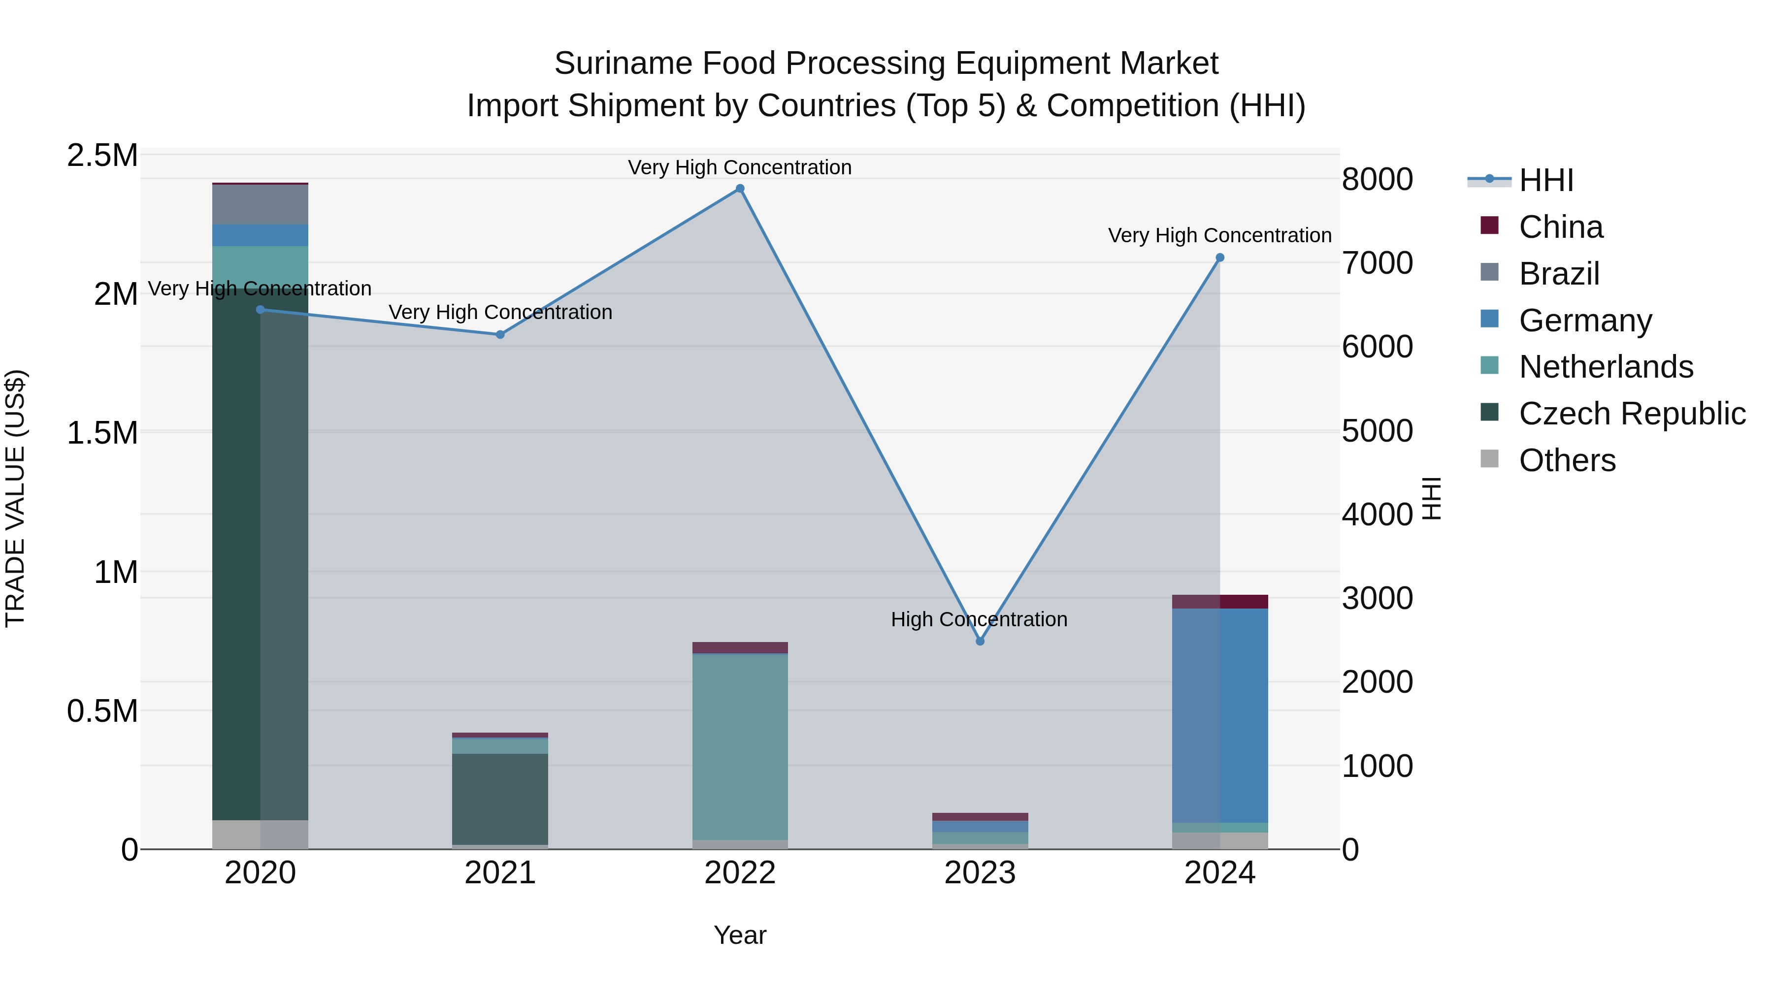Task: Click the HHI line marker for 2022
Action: (740, 189)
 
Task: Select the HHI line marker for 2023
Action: (980, 641)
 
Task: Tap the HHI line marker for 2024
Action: (1219, 258)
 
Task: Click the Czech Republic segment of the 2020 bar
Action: (260, 550)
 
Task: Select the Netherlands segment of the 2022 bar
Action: (740, 746)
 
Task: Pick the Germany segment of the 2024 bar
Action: (1219, 715)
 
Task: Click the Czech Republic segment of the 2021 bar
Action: (500, 798)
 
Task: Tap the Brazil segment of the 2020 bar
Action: (260, 204)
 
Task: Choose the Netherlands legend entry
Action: (1605, 367)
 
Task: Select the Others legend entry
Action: (1567, 460)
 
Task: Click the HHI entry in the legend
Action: (1546, 180)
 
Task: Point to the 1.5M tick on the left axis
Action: (102, 433)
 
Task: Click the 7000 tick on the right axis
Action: (1377, 263)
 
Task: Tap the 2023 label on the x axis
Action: (980, 873)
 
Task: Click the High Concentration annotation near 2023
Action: (979, 619)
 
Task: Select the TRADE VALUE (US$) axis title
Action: (15, 498)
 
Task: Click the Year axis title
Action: (740, 935)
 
